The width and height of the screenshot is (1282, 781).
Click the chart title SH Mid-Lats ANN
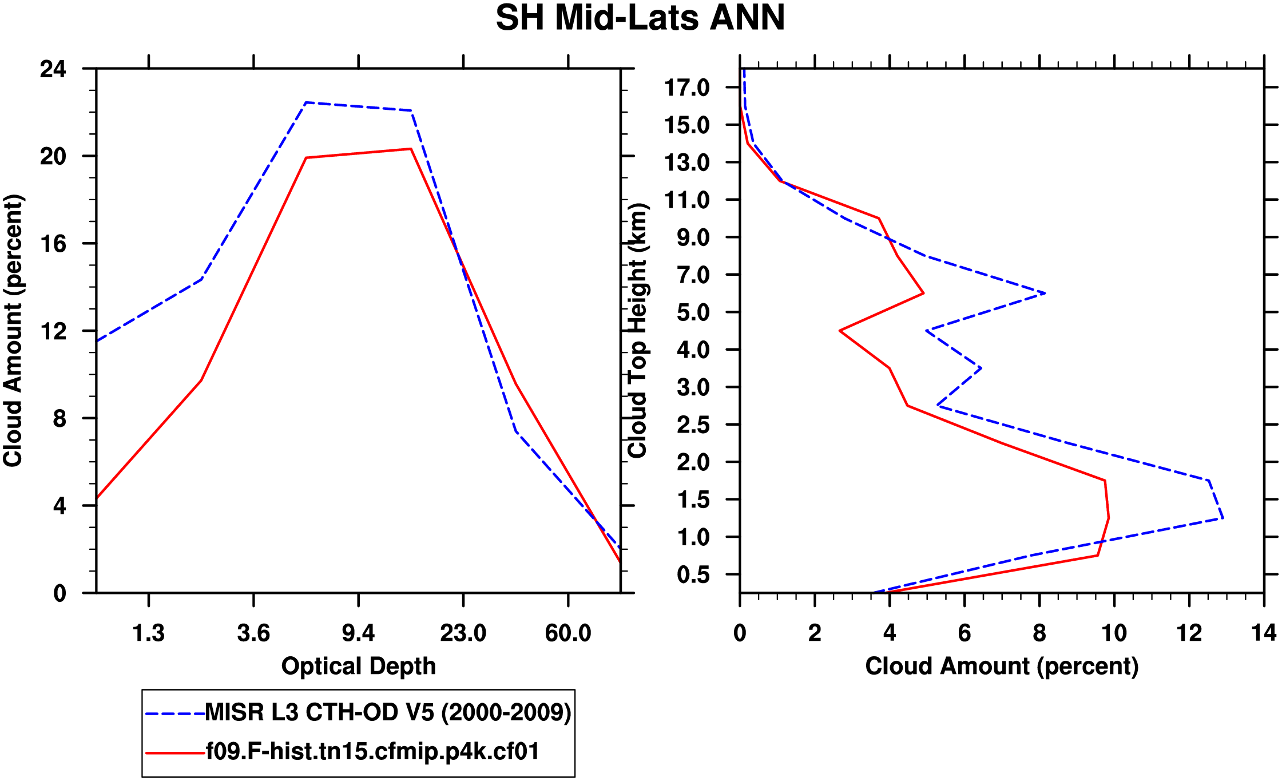pos(640,18)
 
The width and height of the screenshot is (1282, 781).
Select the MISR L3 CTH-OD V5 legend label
pos(388,712)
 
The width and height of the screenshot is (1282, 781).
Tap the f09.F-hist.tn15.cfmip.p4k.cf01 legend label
pos(372,751)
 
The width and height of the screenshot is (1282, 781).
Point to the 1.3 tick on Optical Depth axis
pos(149,633)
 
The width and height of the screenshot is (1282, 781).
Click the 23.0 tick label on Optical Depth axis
pos(463,633)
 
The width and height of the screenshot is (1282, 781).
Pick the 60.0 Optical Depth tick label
pos(567,633)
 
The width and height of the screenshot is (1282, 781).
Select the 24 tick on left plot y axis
pos(53,69)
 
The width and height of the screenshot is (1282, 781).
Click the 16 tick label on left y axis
pos(53,244)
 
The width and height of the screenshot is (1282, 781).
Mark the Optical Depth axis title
pos(359,667)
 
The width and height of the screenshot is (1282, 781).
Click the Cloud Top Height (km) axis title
pos(637,331)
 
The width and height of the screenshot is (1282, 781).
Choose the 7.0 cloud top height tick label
pos(693,275)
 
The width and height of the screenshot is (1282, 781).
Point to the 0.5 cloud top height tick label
pos(693,575)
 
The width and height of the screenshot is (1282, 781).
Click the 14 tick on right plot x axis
pos(1264,633)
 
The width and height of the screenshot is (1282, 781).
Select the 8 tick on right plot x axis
pos(1039,633)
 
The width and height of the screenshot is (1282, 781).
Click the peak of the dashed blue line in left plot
pos(306,103)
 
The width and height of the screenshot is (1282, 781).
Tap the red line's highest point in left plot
pos(411,149)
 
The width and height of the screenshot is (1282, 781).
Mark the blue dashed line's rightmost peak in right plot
pos(1223,518)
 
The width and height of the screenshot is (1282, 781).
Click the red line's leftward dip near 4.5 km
pos(840,331)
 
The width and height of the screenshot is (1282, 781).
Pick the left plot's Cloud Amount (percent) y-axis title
pos(13,331)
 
